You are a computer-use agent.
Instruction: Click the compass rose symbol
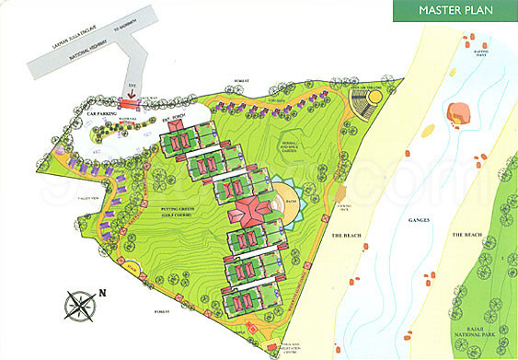pos(79,304)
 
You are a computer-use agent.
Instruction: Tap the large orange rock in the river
pos(457,114)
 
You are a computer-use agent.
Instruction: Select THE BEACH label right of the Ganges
pos(467,235)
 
